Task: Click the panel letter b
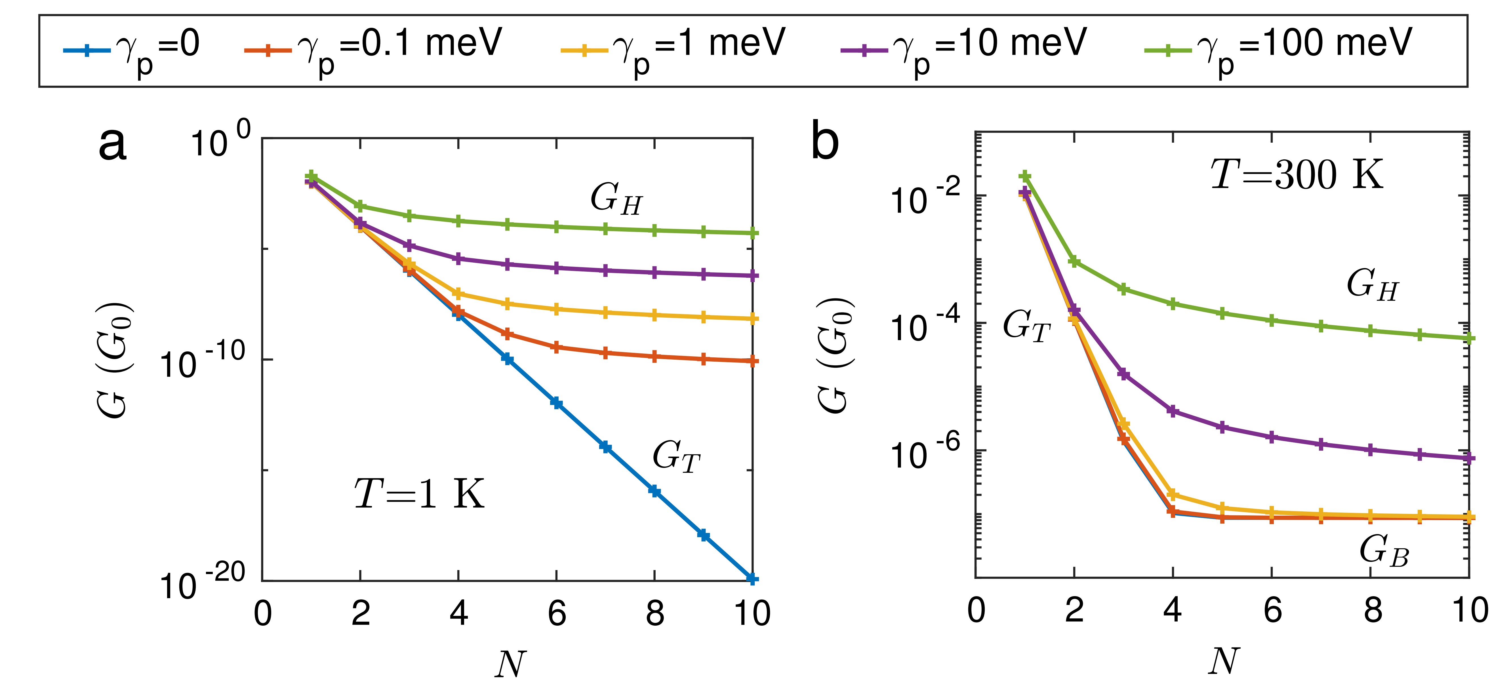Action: point(824,142)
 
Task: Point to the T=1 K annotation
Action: point(419,494)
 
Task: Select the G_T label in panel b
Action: point(1027,326)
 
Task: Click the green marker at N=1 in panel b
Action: point(1025,176)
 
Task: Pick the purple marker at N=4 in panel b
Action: point(1173,411)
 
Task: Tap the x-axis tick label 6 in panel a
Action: point(556,614)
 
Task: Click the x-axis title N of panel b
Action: point(1223,662)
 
